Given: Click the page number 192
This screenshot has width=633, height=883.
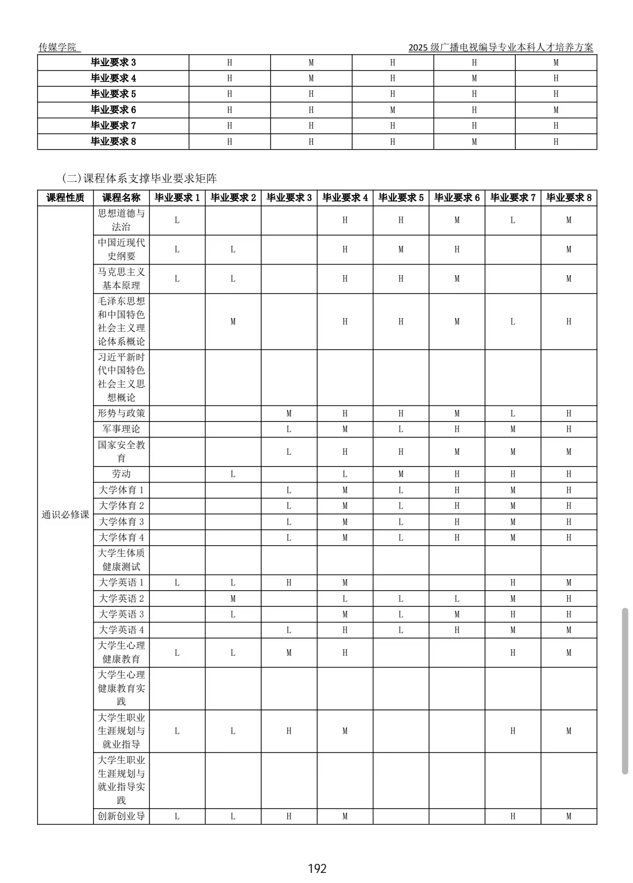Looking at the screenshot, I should (317, 868).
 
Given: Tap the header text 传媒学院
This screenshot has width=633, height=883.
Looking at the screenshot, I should (58, 47).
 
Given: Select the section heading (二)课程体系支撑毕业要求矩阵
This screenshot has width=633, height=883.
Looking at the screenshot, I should (139, 178).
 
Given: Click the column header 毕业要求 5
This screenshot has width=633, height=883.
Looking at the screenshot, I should (401, 198).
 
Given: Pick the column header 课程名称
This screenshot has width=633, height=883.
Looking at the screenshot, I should (121, 198).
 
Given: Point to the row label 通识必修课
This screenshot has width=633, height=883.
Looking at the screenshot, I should (65, 515).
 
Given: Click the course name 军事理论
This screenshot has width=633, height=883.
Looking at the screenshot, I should (121, 429).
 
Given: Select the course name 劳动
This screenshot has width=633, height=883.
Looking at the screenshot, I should (121, 474).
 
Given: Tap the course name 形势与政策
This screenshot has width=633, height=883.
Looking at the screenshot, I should (121, 413).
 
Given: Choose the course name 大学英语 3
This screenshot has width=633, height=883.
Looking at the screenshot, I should (121, 614).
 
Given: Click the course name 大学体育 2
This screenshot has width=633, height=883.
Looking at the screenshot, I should (121, 506).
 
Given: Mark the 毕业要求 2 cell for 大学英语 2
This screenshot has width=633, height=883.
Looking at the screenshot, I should (233, 599).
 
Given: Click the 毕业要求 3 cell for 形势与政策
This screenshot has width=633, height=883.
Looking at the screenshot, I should (289, 413).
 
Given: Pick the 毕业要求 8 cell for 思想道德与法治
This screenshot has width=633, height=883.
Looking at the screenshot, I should (568, 220).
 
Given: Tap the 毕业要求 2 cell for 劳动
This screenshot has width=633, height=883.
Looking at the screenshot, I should (233, 474).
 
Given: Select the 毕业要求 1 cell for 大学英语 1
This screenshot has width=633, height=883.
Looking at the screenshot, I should (177, 583).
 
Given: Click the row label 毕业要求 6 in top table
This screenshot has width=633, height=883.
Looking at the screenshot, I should (113, 110).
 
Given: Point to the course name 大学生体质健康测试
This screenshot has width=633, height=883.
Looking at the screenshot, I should (121, 560).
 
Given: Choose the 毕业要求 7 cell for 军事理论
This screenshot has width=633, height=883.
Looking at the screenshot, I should (513, 429).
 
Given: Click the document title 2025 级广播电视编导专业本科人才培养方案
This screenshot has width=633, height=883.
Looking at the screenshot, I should (501, 47).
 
